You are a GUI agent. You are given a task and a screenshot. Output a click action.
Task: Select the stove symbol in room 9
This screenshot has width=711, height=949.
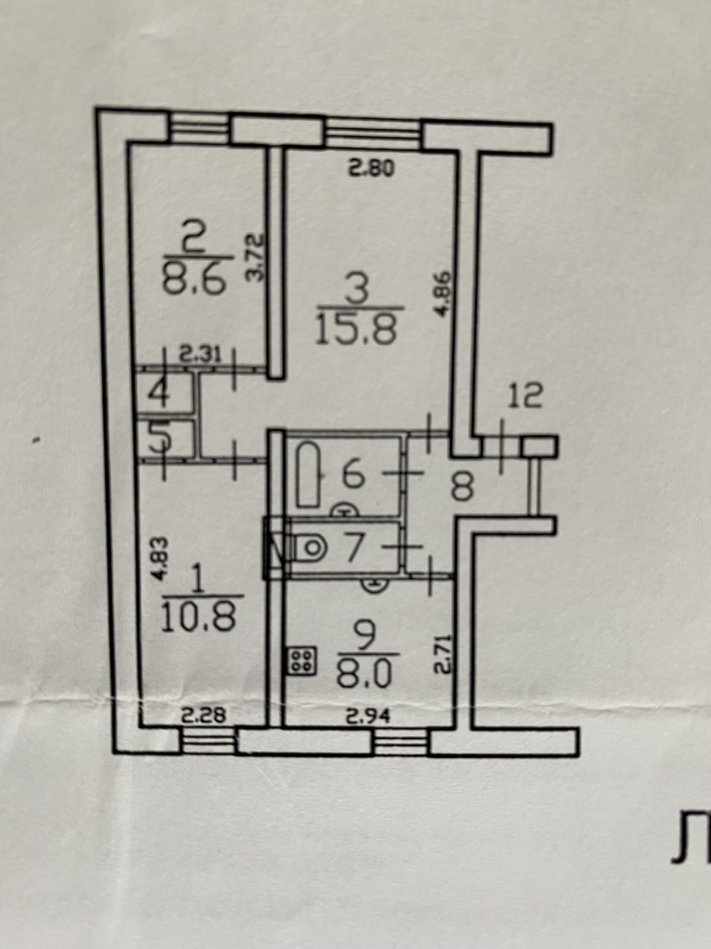tap(302, 661)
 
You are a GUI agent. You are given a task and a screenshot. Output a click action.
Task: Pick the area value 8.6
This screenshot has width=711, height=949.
tap(196, 281)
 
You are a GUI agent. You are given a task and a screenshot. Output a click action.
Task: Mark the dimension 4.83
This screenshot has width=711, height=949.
tap(159, 559)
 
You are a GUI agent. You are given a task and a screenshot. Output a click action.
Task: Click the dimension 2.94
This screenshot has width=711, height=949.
tap(367, 716)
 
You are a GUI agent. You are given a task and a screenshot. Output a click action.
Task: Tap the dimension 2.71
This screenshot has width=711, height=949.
tap(443, 654)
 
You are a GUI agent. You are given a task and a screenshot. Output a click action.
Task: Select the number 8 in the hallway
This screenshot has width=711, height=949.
tap(462, 488)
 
